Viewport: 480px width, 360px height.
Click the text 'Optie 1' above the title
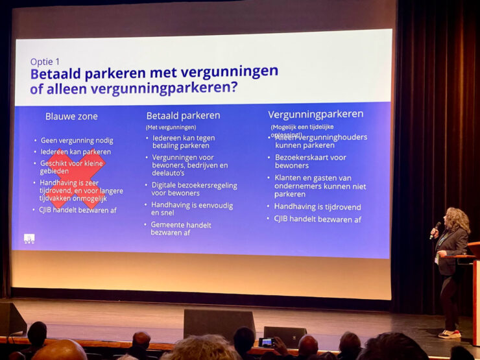pos(45,62)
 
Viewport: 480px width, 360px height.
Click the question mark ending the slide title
pos(234,86)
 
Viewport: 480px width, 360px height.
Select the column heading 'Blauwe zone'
pos(71,117)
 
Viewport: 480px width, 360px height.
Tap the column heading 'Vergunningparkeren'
pos(315,114)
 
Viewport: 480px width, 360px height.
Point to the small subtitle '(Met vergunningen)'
pos(171,127)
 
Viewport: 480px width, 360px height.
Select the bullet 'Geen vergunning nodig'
pos(77,140)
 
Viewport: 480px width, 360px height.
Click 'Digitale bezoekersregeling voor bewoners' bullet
pos(194,189)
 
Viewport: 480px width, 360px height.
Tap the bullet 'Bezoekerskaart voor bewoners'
pos(310,161)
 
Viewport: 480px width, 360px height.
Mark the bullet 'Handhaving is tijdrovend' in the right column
pos(317,207)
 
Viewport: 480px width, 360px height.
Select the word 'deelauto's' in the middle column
pos(169,173)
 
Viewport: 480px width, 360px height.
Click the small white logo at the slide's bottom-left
pos(29,238)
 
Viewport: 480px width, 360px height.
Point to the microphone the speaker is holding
pos(436,228)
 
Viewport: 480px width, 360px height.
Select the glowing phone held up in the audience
pos(266,341)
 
